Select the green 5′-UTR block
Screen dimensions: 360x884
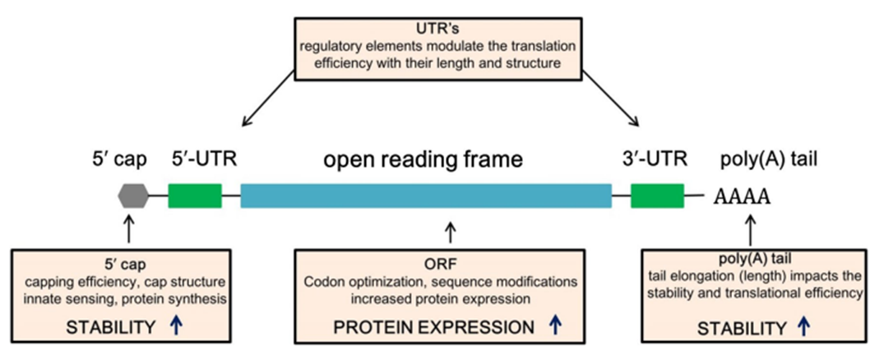[x=195, y=196]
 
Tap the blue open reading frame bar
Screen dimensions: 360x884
[x=425, y=196]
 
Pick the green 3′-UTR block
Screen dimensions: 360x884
[x=657, y=196]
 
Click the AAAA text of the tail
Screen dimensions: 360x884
[x=741, y=197]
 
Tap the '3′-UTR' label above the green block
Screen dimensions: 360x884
[x=656, y=159]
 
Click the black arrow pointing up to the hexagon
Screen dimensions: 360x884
[x=127, y=226]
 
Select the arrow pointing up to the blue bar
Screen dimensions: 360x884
[x=449, y=229]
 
